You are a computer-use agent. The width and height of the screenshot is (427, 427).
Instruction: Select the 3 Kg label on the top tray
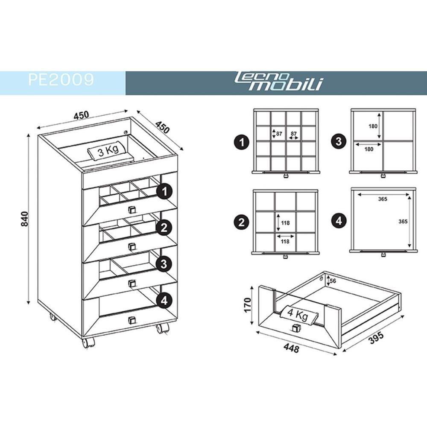(x=105, y=152)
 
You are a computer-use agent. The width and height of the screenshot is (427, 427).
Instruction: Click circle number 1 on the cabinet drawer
(x=164, y=192)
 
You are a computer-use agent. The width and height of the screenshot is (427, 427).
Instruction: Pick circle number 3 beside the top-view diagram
(x=339, y=142)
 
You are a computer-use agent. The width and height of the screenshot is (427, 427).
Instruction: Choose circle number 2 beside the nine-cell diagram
(x=242, y=221)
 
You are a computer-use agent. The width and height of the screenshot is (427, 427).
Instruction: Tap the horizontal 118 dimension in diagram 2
(x=285, y=241)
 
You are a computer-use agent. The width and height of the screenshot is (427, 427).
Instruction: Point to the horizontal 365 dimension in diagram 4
(x=382, y=199)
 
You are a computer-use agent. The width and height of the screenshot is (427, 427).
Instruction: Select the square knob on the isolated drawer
(x=295, y=328)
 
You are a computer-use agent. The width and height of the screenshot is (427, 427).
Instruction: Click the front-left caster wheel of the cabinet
(x=89, y=342)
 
